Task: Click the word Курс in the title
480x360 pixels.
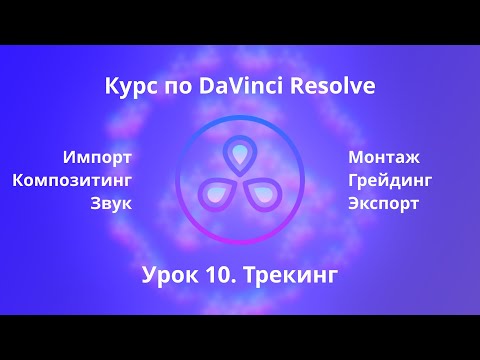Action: [x=128, y=88]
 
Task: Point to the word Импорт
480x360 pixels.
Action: [x=97, y=157]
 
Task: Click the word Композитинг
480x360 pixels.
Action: [x=72, y=181]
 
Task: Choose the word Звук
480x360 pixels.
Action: [x=110, y=204]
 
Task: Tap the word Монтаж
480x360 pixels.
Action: [x=384, y=157]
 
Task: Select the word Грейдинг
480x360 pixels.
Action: [x=390, y=181]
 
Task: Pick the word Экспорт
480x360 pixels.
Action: [x=384, y=204]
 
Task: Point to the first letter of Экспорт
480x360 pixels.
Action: [x=354, y=204]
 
